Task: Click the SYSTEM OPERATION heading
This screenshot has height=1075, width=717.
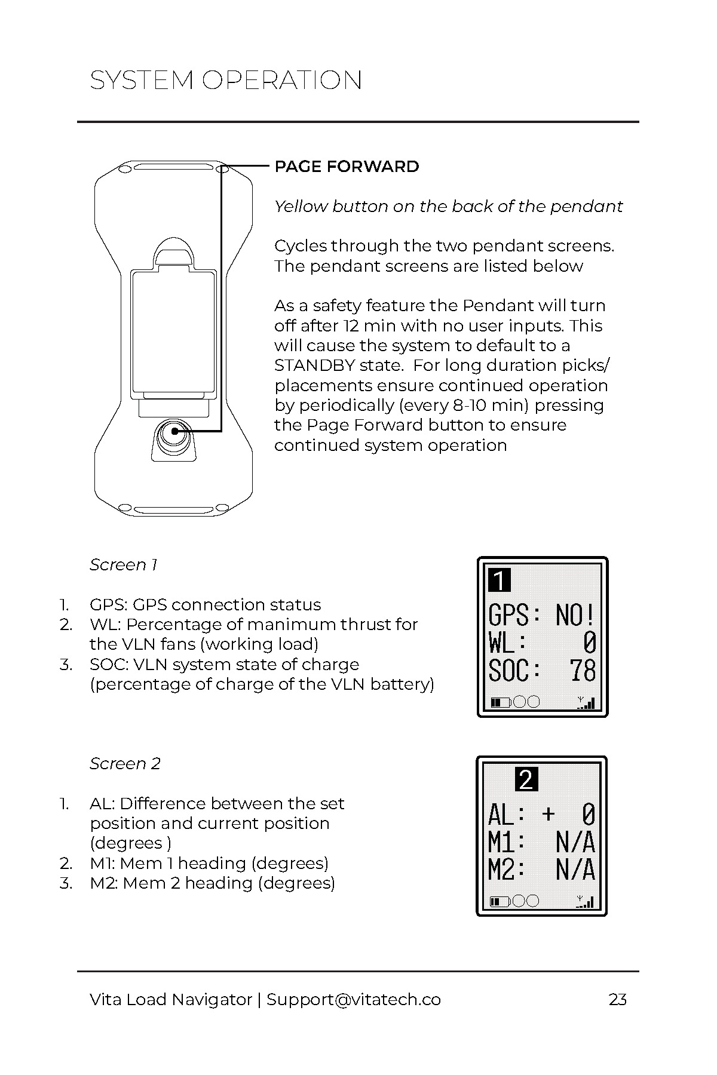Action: click(226, 80)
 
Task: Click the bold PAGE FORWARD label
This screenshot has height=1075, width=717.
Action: click(347, 167)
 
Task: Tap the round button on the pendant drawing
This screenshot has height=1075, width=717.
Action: click(174, 431)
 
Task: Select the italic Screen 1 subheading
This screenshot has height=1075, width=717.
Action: click(123, 564)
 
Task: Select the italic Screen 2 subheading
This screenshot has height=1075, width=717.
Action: click(125, 763)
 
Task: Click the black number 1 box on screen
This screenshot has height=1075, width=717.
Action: click(500, 580)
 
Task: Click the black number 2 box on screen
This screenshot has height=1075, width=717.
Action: click(526, 779)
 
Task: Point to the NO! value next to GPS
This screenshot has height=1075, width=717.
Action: click(575, 615)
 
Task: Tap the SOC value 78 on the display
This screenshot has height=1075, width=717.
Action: click(583, 671)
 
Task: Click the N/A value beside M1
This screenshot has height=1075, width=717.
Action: click(575, 842)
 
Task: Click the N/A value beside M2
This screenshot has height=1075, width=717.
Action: click(575, 870)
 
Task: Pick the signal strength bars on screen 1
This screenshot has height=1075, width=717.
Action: click(586, 703)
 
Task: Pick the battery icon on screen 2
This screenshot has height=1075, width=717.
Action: click(499, 901)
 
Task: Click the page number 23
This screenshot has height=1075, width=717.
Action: click(617, 1000)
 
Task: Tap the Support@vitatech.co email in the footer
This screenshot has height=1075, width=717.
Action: click(354, 1000)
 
